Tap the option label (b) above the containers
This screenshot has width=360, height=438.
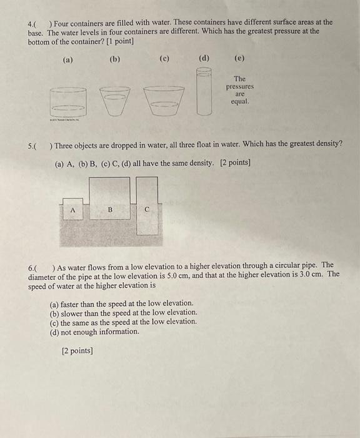click(114, 59)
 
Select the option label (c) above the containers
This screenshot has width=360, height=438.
click(164, 59)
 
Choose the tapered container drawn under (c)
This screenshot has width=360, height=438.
click(164, 100)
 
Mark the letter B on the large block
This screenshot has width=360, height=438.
click(110, 210)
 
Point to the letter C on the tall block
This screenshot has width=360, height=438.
click(147, 211)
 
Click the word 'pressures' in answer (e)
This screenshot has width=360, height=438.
click(239, 86)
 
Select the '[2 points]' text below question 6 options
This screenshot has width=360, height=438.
click(77, 350)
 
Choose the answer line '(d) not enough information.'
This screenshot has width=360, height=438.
click(95, 331)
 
